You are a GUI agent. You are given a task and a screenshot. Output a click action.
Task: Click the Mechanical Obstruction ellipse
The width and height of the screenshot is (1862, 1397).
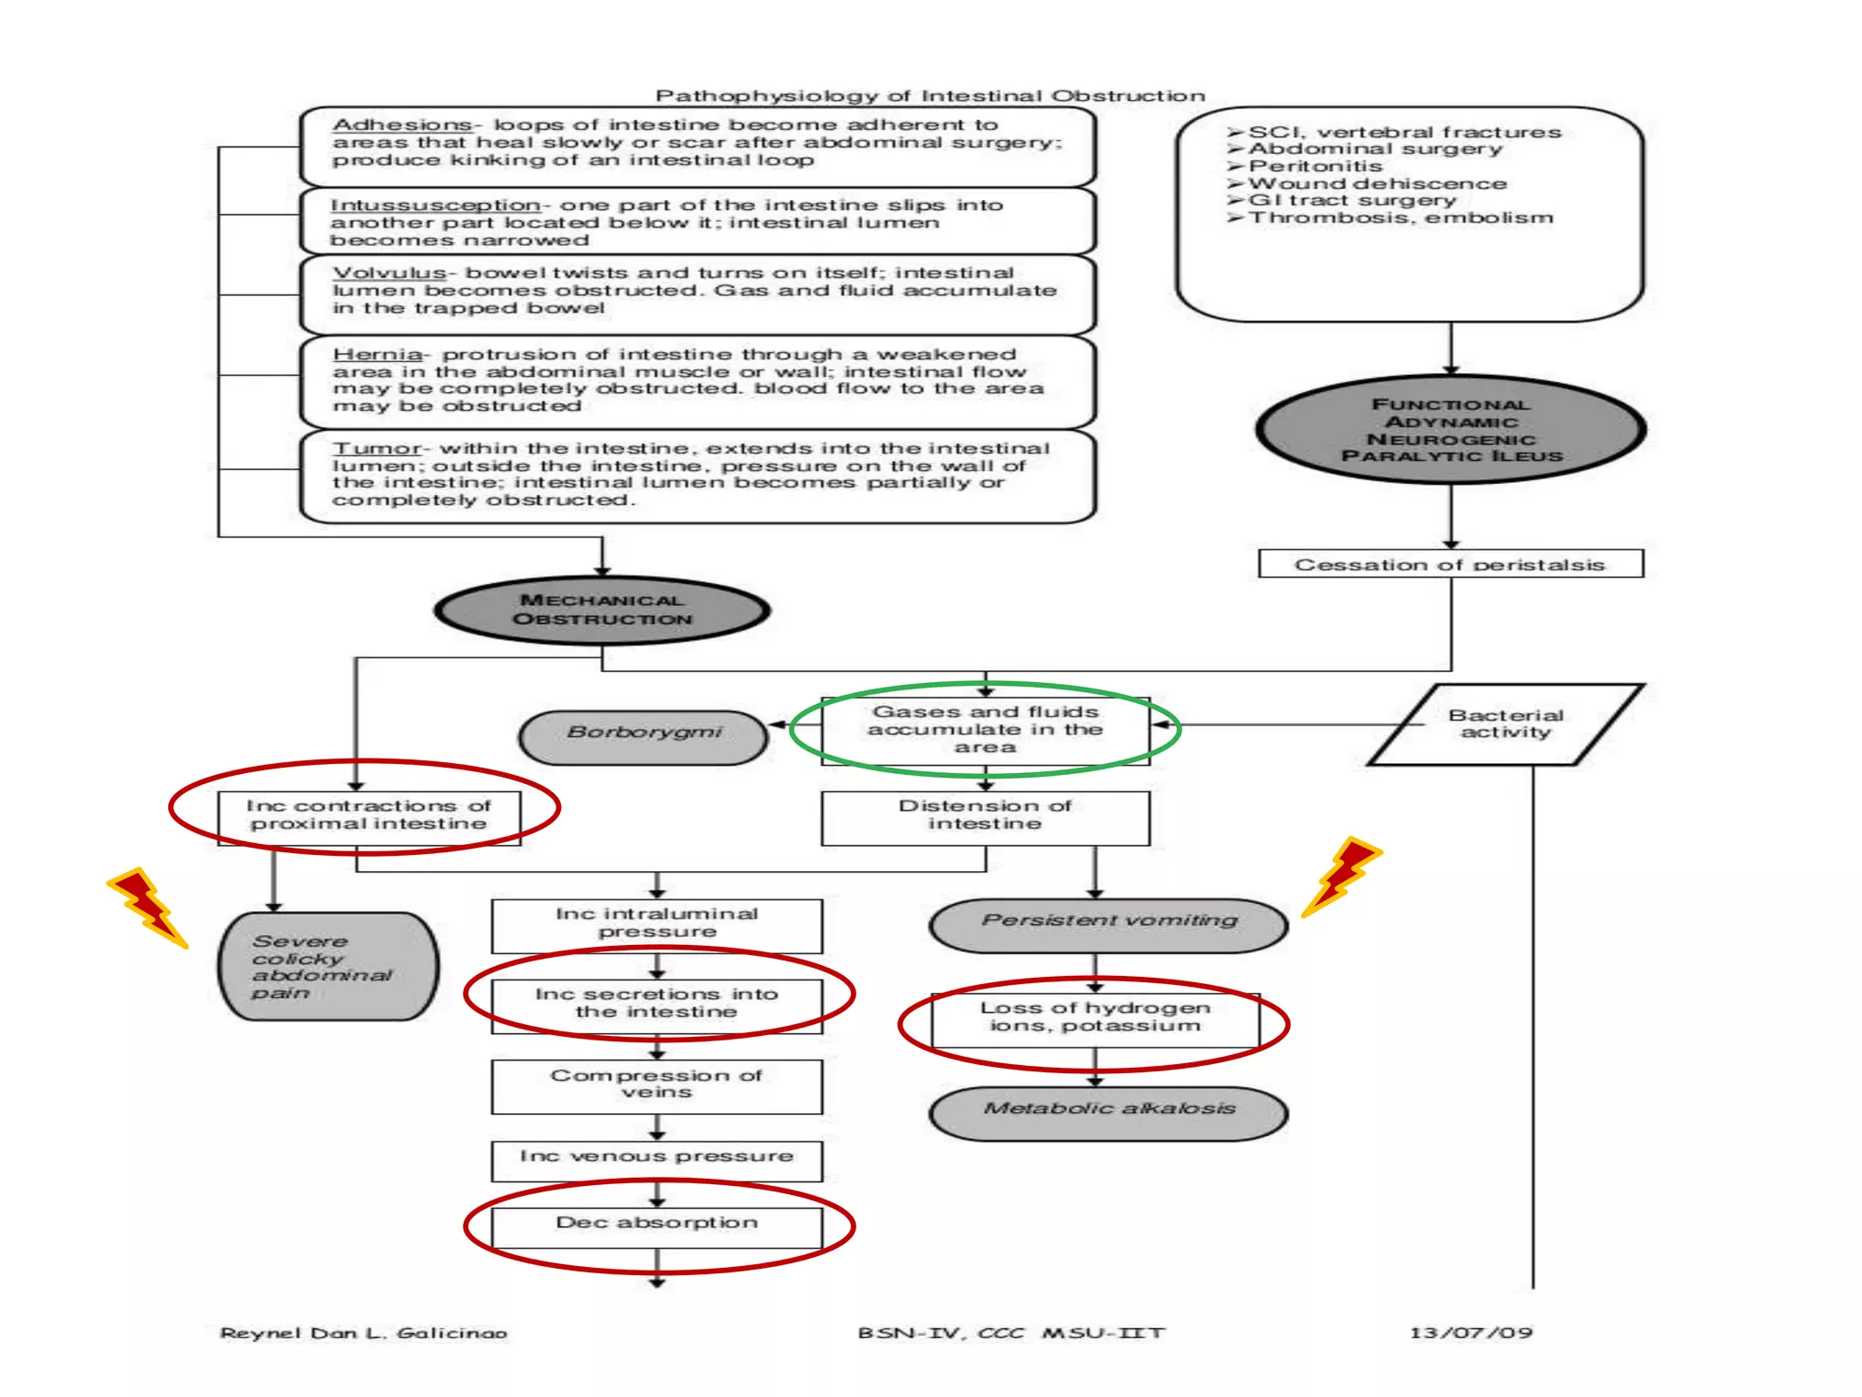pyautogui.click(x=602, y=610)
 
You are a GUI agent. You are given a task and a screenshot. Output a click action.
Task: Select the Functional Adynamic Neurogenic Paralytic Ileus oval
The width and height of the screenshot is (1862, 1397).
pyautogui.click(x=1451, y=429)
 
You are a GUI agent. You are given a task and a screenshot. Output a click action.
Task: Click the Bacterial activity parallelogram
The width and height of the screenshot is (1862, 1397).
pyautogui.click(x=1506, y=724)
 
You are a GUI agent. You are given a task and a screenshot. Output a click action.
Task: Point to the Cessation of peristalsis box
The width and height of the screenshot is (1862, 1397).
pyautogui.click(x=1451, y=564)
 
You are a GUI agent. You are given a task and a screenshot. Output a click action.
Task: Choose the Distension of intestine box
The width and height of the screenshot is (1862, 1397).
pyautogui.click(x=986, y=818)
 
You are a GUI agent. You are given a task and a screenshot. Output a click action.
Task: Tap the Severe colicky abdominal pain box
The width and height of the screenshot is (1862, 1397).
pyautogui.click(x=328, y=966)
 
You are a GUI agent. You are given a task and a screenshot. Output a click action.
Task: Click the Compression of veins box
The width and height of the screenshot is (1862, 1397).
pyautogui.click(x=657, y=1086)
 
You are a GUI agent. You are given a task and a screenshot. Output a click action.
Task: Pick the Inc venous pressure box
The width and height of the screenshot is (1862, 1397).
pyautogui.click(x=657, y=1161)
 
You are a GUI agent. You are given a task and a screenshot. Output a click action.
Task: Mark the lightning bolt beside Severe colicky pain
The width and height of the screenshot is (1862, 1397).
pyautogui.click(x=148, y=907)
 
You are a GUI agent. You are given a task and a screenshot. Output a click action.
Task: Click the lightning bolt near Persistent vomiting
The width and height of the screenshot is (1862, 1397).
pyautogui.click(x=1342, y=877)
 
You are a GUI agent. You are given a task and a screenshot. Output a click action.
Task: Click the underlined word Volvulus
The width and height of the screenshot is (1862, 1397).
pyautogui.click(x=389, y=273)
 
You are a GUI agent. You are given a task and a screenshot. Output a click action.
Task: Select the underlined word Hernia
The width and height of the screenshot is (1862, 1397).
pyautogui.click(x=377, y=354)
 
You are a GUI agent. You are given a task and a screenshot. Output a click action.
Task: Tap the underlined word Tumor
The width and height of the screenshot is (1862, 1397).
pyautogui.click(x=376, y=448)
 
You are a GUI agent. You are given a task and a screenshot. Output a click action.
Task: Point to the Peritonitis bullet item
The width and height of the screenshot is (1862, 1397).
pyautogui.click(x=1306, y=166)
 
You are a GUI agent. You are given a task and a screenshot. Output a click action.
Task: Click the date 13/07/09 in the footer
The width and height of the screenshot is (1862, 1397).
pyautogui.click(x=1471, y=1332)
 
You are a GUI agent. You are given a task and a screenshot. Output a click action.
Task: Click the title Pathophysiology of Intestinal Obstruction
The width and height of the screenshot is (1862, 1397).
pyautogui.click(x=930, y=95)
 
